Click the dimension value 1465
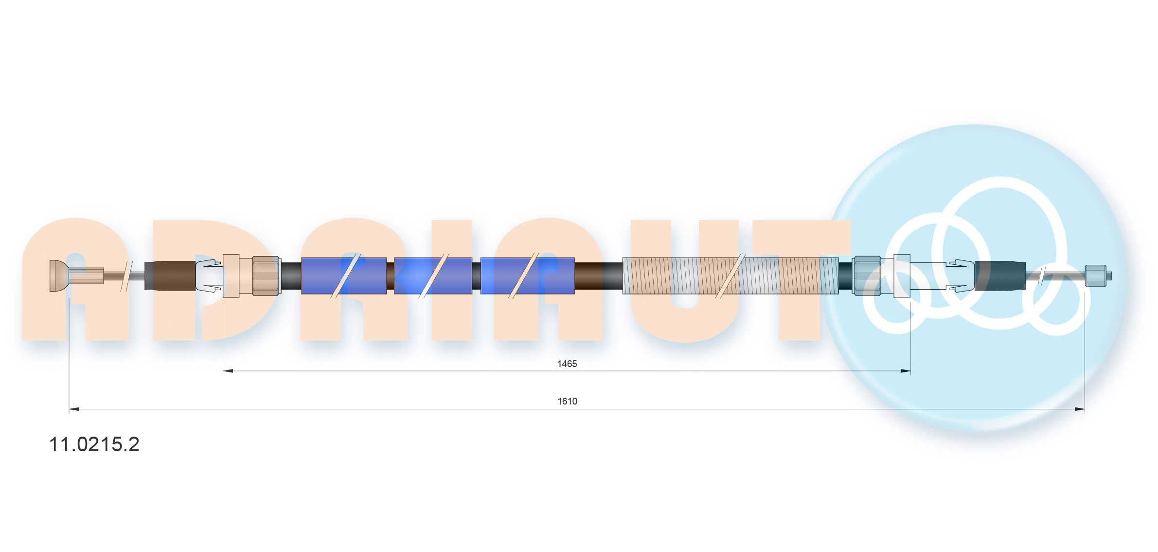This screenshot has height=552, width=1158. pyautogui.click(x=567, y=364)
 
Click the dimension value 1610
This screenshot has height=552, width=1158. pyautogui.click(x=567, y=401)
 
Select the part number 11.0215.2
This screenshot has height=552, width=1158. pyautogui.click(x=94, y=444)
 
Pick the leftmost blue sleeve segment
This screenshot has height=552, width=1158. pyautogui.click(x=344, y=276)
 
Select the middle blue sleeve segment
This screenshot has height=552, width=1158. pyautogui.click(x=433, y=276)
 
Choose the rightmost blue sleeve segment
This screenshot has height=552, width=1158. pyautogui.click(x=527, y=276)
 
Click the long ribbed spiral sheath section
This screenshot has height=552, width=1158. pyautogui.click(x=730, y=276)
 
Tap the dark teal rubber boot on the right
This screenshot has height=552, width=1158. pyautogui.click(x=1000, y=276)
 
